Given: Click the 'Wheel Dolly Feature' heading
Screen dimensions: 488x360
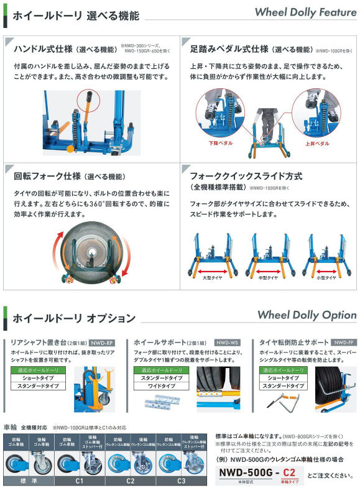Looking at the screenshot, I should point(305,12).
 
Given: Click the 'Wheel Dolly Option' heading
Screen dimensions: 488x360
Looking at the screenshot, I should point(307,315).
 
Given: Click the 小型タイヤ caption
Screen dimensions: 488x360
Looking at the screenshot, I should point(325,278).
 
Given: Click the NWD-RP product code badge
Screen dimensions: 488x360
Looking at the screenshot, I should point(102,343).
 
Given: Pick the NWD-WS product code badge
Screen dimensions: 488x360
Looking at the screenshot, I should point(226,343).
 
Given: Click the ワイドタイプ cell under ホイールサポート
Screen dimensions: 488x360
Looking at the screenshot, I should point(158,386).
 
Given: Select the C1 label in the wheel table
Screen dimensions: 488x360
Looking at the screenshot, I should point(80,481).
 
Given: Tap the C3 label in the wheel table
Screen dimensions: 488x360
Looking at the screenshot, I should point(180,481).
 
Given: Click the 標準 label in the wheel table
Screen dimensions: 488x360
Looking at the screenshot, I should point(29,481).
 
